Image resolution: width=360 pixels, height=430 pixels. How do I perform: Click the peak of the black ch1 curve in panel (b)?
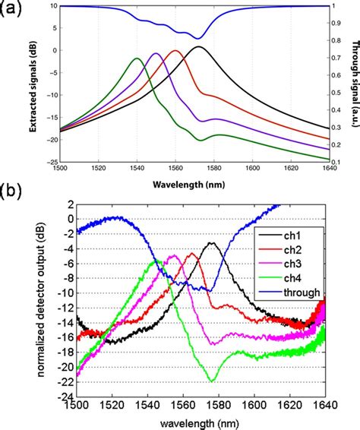coord(212,244)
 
